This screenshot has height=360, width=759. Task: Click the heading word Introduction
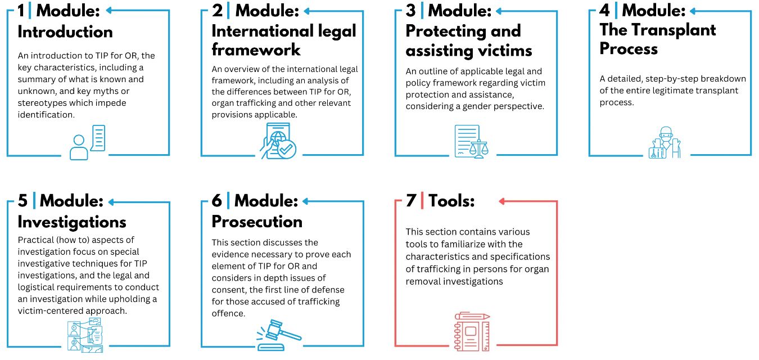65,32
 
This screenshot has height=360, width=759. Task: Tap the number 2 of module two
217,10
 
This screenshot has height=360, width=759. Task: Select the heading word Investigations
72,222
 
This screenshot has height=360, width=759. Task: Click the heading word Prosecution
257,222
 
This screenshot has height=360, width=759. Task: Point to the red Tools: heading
451,201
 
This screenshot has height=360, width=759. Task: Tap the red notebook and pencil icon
472,331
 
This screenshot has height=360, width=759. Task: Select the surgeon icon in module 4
665,143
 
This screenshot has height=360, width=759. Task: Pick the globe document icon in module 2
278,141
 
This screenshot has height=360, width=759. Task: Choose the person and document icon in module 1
87,142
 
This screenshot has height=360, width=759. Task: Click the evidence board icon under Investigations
85,335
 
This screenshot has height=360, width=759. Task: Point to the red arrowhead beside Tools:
502,201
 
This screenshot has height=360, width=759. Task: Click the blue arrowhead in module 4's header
693,11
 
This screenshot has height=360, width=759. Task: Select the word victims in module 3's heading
503,51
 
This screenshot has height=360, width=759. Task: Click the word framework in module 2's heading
256,50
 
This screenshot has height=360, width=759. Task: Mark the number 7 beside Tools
411,200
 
